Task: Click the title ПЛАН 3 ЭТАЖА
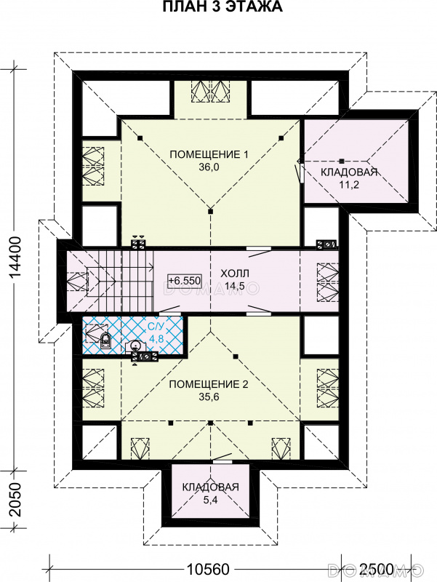click(x=222, y=7)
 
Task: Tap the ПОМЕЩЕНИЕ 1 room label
click(x=209, y=154)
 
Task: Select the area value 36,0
click(x=209, y=167)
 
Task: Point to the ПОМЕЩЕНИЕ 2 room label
click(x=209, y=384)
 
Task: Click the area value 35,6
click(x=209, y=396)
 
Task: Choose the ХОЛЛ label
click(x=235, y=274)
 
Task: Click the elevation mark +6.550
click(x=185, y=280)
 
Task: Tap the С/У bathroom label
click(x=156, y=327)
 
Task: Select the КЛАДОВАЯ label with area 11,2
click(x=349, y=172)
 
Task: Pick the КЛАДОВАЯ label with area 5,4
click(x=210, y=487)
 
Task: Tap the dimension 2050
click(x=15, y=500)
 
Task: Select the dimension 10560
click(x=208, y=569)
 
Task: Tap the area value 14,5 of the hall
click(x=235, y=287)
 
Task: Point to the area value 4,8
click(x=156, y=339)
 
